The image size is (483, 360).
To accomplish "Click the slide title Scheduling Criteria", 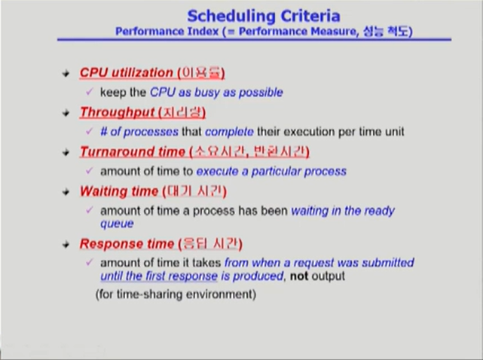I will point(262,14).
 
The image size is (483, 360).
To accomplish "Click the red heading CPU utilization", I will point(126,73).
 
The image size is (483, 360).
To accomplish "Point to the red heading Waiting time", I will point(117,191).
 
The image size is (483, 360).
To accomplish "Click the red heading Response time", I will point(123,244).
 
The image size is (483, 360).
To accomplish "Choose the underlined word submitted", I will point(388,263).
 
